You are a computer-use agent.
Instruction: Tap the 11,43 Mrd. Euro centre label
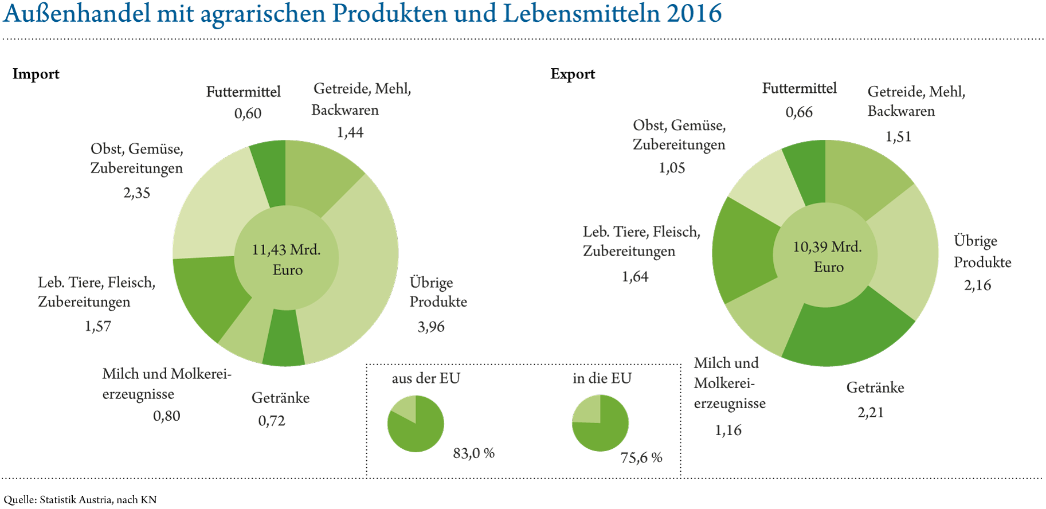tap(287, 259)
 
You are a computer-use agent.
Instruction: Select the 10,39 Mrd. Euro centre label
tap(827, 256)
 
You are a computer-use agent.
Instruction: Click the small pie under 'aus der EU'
tap(416, 424)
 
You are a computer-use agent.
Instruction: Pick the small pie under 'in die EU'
tap(600, 424)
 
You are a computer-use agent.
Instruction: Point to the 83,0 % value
tap(473, 453)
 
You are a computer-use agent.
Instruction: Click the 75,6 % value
tap(641, 457)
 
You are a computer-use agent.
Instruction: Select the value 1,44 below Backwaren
tap(350, 132)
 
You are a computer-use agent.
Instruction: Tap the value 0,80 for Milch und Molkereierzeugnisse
tap(166, 416)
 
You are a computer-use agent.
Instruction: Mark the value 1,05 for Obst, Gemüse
tap(672, 168)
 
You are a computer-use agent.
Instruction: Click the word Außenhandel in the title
tap(76, 14)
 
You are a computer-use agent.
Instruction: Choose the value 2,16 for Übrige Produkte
tap(977, 285)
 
